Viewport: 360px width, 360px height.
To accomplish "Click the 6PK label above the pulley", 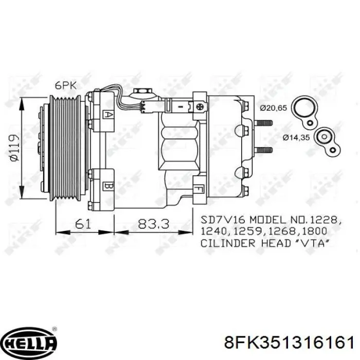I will [66, 86].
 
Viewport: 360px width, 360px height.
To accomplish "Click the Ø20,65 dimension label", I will [273, 108].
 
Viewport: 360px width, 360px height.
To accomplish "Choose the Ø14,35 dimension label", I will [298, 137].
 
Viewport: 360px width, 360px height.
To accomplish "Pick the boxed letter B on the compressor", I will [108, 185].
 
